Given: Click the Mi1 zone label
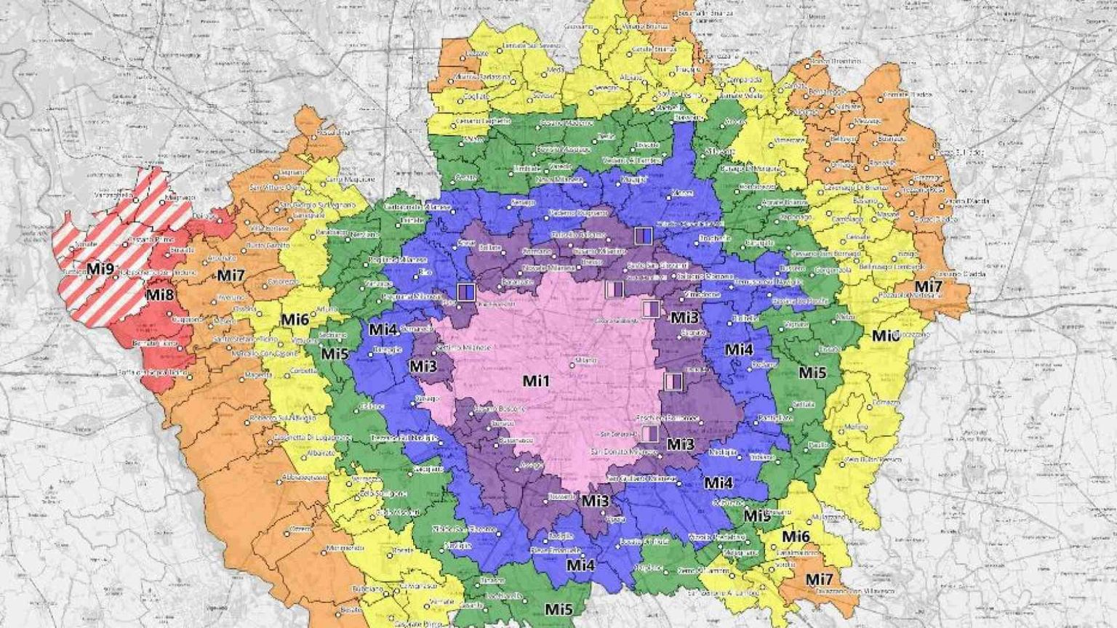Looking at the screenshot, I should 536,381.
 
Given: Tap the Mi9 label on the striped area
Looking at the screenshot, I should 100,269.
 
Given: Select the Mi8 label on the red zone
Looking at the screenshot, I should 159,295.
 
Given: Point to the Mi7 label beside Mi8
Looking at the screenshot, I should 231,275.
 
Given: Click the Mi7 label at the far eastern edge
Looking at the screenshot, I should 929,286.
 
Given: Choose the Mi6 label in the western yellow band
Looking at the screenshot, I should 295,320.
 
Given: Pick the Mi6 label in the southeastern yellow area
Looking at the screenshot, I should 796,536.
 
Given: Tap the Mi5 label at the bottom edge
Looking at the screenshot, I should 558,609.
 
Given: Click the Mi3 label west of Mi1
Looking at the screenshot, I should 423,366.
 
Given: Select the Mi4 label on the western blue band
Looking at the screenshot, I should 383,329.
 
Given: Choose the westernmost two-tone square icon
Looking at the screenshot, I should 466,292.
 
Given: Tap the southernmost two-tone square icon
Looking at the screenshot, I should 650,434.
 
